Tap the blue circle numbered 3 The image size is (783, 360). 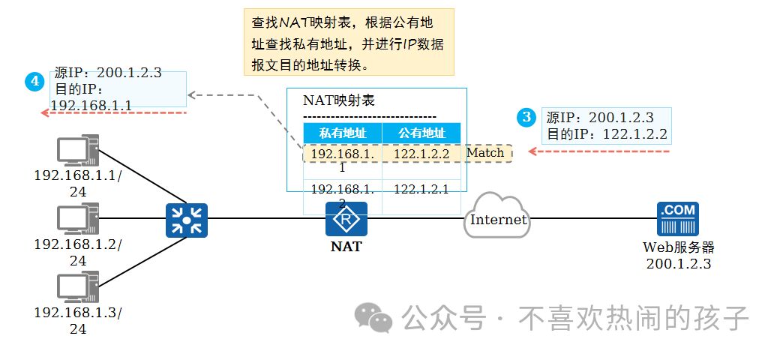527,117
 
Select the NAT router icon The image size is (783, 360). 346,220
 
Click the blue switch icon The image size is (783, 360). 186,220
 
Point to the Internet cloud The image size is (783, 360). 498,218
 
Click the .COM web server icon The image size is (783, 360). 677,219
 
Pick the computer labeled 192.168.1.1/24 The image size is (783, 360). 78,151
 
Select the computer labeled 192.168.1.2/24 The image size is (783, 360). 78,220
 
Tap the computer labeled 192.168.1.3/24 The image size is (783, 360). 78,289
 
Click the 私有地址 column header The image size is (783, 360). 343,133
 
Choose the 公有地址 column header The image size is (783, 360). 421,133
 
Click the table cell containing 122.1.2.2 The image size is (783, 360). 421,154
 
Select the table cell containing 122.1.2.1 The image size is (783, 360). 421,189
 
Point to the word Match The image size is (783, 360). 485,153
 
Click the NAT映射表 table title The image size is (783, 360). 338,100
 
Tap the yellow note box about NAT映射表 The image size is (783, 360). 349,43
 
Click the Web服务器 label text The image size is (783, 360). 678,247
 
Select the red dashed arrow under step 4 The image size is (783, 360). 112,112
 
